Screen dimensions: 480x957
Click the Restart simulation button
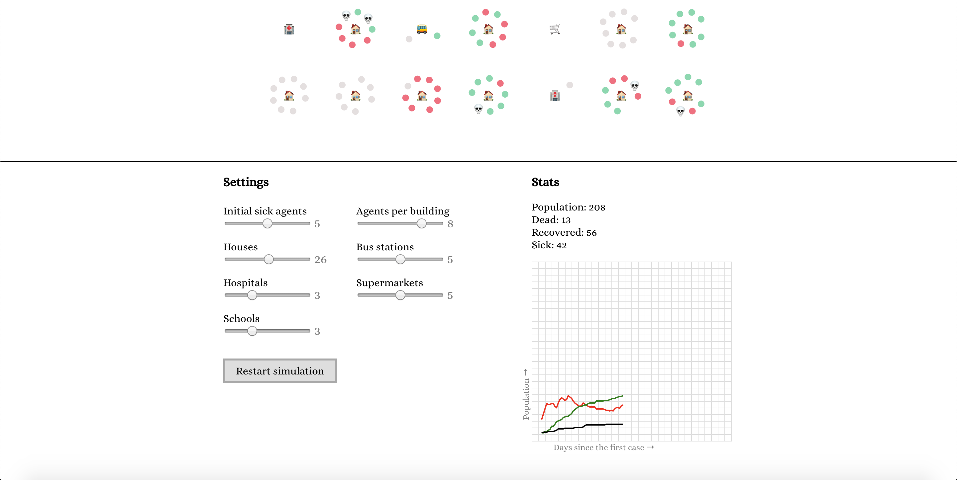pos(280,371)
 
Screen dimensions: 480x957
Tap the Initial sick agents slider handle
pos(267,223)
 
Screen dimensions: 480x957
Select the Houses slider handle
pos(268,260)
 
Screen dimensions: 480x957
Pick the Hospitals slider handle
pos(252,295)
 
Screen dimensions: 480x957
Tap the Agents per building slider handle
pos(421,223)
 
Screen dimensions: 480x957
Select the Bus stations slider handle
pos(400,260)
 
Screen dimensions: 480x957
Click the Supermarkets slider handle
pos(400,295)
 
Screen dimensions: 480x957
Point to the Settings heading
pos(246,182)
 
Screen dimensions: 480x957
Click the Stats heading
pos(545,182)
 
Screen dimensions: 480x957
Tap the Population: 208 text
pos(568,207)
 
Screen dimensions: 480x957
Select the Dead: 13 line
pos(551,220)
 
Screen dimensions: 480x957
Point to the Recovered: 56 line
pos(564,232)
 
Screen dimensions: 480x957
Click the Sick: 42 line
pos(549,245)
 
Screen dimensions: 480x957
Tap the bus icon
pos(422,29)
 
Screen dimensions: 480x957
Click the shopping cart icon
pos(555,29)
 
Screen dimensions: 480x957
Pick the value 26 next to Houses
pos(320,260)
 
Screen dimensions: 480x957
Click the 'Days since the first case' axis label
pos(598,448)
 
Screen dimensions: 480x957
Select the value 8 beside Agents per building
pos(450,224)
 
